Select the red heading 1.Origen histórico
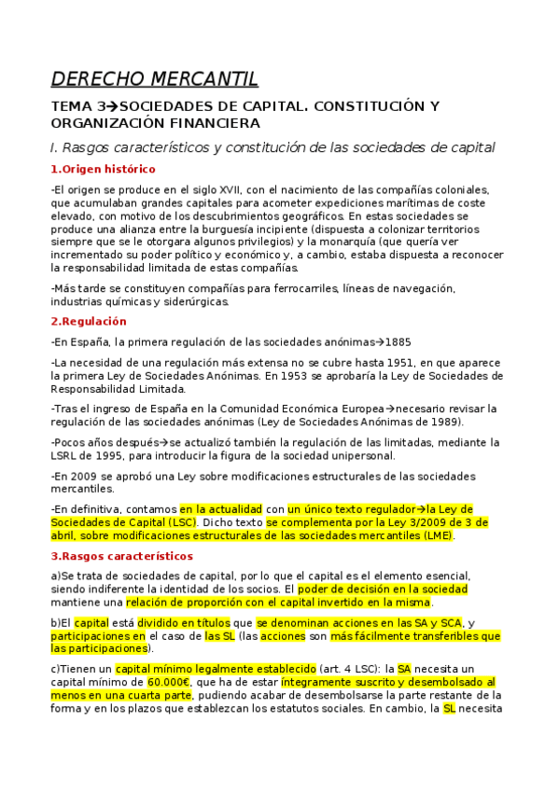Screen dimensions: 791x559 click(x=103, y=169)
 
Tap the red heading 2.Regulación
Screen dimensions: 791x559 click(x=89, y=321)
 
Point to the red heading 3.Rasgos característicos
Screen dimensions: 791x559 click(x=121, y=556)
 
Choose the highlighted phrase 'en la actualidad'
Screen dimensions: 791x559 click(x=221, y=509)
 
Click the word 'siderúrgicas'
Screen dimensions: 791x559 click(x=189, y=301)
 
